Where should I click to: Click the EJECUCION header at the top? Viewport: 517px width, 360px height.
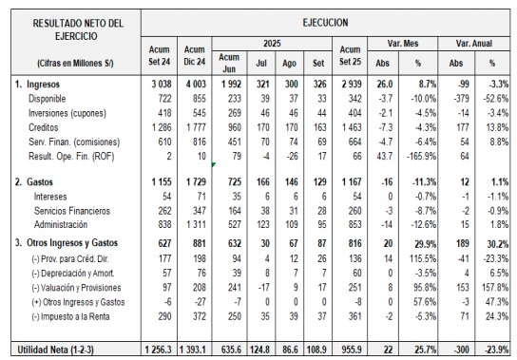tap(325, 23)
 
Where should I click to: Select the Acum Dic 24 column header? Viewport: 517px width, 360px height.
tap(195, 55)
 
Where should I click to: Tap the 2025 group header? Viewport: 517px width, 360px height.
tap(272, 43)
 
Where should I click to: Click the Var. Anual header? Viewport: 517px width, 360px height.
tap(474, 43)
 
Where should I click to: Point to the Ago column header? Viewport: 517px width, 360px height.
tap(289, 64)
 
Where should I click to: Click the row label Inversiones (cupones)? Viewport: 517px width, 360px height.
tap(67, 113)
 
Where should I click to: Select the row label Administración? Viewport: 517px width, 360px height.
tap(61, 224)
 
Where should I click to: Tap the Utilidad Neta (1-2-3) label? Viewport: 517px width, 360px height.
tap(55, 350)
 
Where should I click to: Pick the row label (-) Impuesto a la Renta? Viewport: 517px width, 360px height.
tap(70, 316)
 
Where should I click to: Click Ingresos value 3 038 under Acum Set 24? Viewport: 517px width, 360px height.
tap(162, 85)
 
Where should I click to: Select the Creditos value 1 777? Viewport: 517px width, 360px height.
tap(196, 127)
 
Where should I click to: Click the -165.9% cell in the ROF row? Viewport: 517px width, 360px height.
tap(421, 156)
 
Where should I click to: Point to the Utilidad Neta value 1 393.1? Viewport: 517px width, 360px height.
tap(194, 350)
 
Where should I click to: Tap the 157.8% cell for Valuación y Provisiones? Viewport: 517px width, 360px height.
tap(495, 288)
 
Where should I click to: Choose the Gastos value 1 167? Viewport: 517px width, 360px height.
tap(351, 182)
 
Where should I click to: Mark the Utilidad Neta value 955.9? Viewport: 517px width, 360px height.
tap(351, 350)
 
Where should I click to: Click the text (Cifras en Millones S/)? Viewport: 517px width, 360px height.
tap(75, 63)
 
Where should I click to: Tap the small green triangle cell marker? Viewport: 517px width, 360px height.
tap(213, 164)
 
